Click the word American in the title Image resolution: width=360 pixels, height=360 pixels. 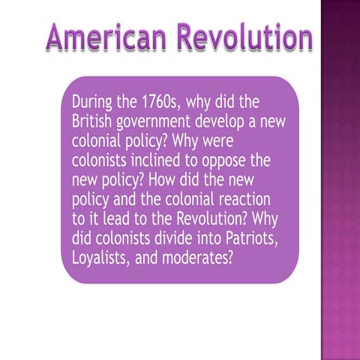pos(100,37)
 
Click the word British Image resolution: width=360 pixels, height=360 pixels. pos(93,121)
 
